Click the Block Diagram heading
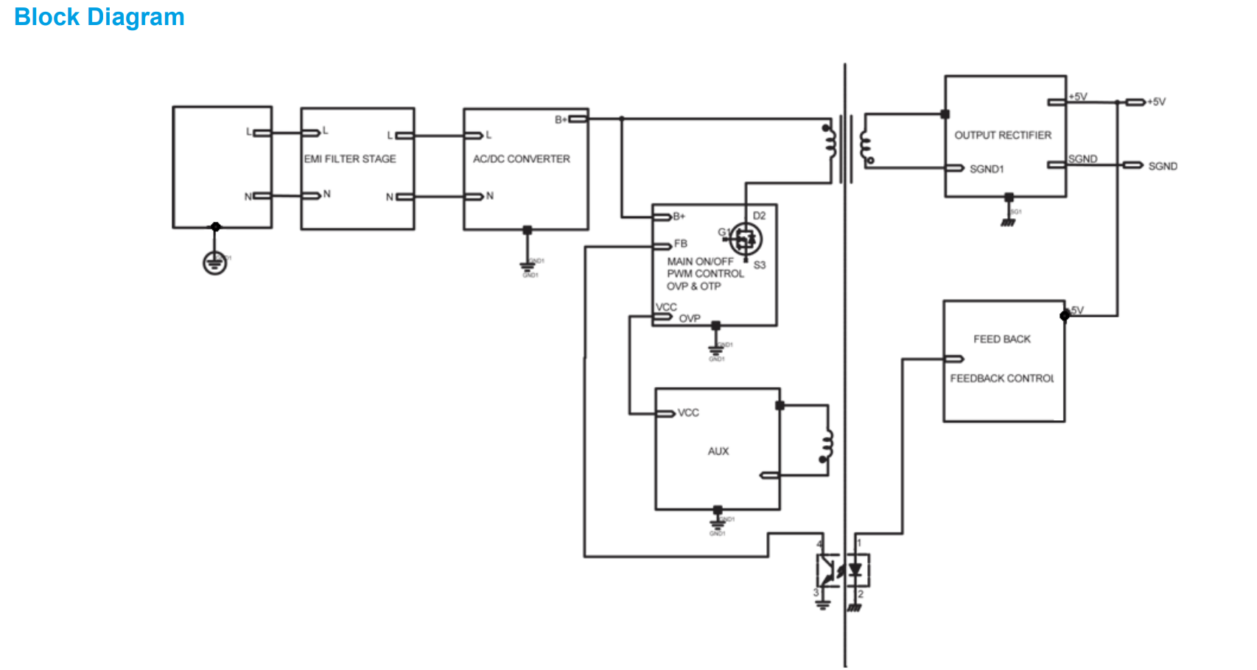point(99,17)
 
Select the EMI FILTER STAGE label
point(350,159)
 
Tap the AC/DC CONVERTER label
point(521,159)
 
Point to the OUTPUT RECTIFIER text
point(1003,136)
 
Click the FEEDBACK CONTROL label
point(1001,379)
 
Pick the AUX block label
point(718,451)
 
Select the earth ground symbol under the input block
point(214,262)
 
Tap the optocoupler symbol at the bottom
point(842,570)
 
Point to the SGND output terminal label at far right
point(1162,167)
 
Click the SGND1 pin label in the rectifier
point(987,170)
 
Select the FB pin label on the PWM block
point(680,244)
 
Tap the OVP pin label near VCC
point(690,319)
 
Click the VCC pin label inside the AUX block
point(688,413)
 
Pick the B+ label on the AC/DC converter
point(561,119)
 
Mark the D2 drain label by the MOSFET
point(759,216)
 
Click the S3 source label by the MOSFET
point(760,265)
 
